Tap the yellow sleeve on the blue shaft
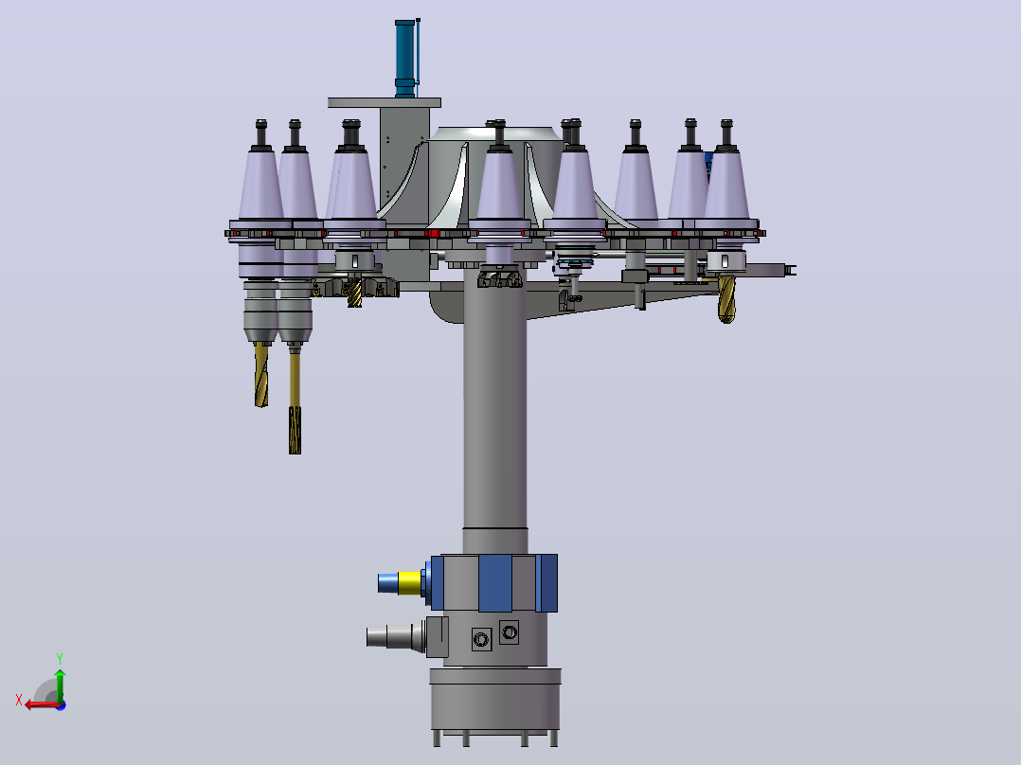409,582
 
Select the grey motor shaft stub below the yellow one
389,636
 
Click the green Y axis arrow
60,685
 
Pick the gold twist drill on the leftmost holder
261,374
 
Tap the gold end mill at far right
726,299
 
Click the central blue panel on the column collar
495,582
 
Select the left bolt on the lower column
481,639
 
